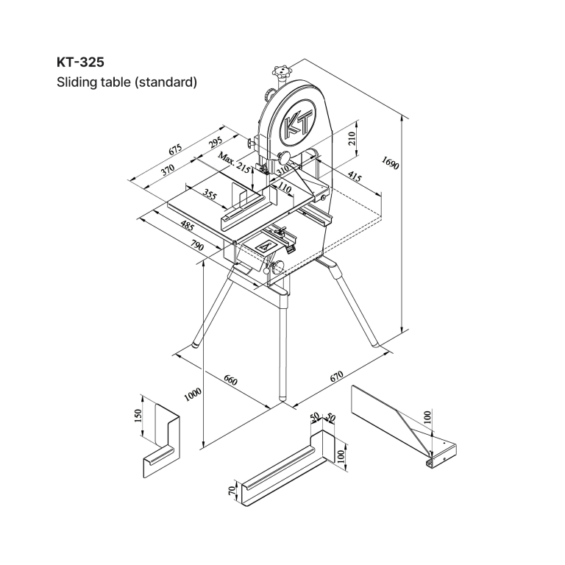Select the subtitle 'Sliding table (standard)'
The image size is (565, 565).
(127, 82)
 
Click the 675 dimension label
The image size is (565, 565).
(176, 150)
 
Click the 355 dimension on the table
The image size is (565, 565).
(209, 195)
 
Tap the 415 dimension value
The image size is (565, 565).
(355, 177)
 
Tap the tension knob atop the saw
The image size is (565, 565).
(280, 73)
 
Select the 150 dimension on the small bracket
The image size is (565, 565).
(138, 416)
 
